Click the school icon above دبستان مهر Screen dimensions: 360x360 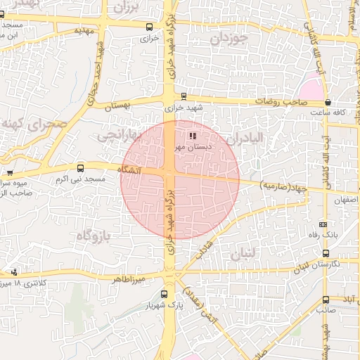[x=193, y=136]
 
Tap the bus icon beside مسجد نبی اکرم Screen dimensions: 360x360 [x=80, y=169]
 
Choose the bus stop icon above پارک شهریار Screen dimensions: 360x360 [x=164, y=295]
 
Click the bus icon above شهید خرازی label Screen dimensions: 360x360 [x=184, y=97]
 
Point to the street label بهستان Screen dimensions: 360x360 [x=118, y=105]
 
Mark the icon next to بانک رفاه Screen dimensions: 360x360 [x=323, y=223]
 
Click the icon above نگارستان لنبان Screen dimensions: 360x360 [x=326, y=253]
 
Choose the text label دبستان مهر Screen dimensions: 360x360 [x=189, y=148]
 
